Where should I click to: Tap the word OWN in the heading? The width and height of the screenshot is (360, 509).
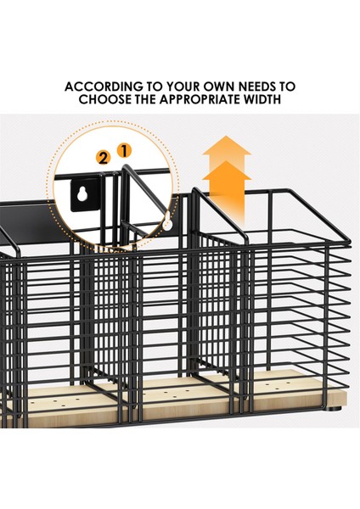coord(220,87)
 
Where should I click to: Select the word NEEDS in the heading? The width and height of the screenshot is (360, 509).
coord(258,87)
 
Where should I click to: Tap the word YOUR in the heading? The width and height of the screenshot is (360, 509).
coord(183,87)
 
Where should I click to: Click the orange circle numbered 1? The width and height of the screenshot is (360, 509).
coord(123,151)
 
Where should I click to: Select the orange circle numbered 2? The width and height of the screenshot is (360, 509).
coord(104,159)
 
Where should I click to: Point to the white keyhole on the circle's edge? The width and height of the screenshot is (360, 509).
coord(167,222)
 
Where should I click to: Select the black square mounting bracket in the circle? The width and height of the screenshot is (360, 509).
coord(85,194)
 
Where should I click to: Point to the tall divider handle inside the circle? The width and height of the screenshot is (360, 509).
coord(124,195)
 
